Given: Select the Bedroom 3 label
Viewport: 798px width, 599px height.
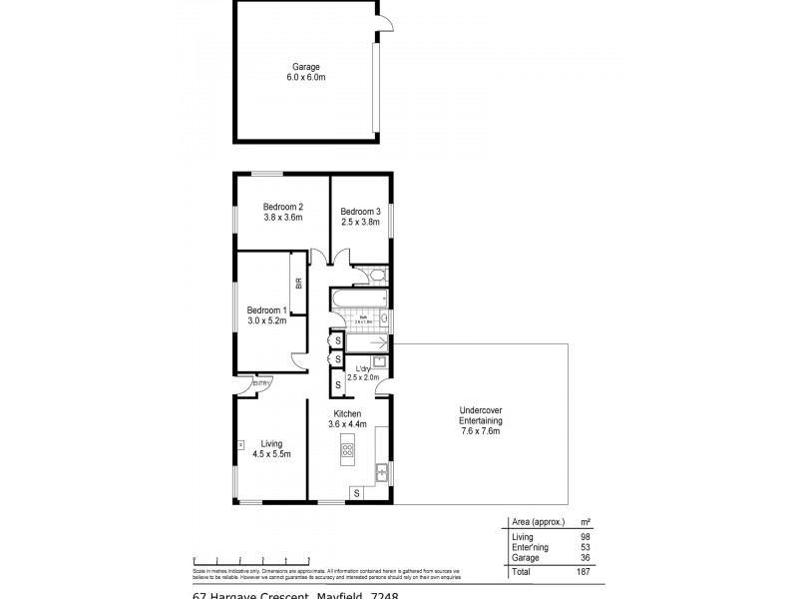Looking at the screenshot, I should [360, 217].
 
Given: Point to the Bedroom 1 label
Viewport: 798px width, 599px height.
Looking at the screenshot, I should [266, 315].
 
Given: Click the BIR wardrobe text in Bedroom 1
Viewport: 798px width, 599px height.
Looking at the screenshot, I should [298, 284].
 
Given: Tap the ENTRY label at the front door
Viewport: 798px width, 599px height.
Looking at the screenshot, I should [262, 382].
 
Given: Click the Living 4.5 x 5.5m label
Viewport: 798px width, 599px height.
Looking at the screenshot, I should [271, 448].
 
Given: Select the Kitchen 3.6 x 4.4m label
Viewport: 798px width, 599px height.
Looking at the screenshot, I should [347, 418].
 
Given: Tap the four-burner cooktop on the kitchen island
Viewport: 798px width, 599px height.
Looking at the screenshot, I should [348, 449].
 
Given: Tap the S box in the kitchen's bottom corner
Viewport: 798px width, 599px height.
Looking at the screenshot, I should [356, 492].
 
